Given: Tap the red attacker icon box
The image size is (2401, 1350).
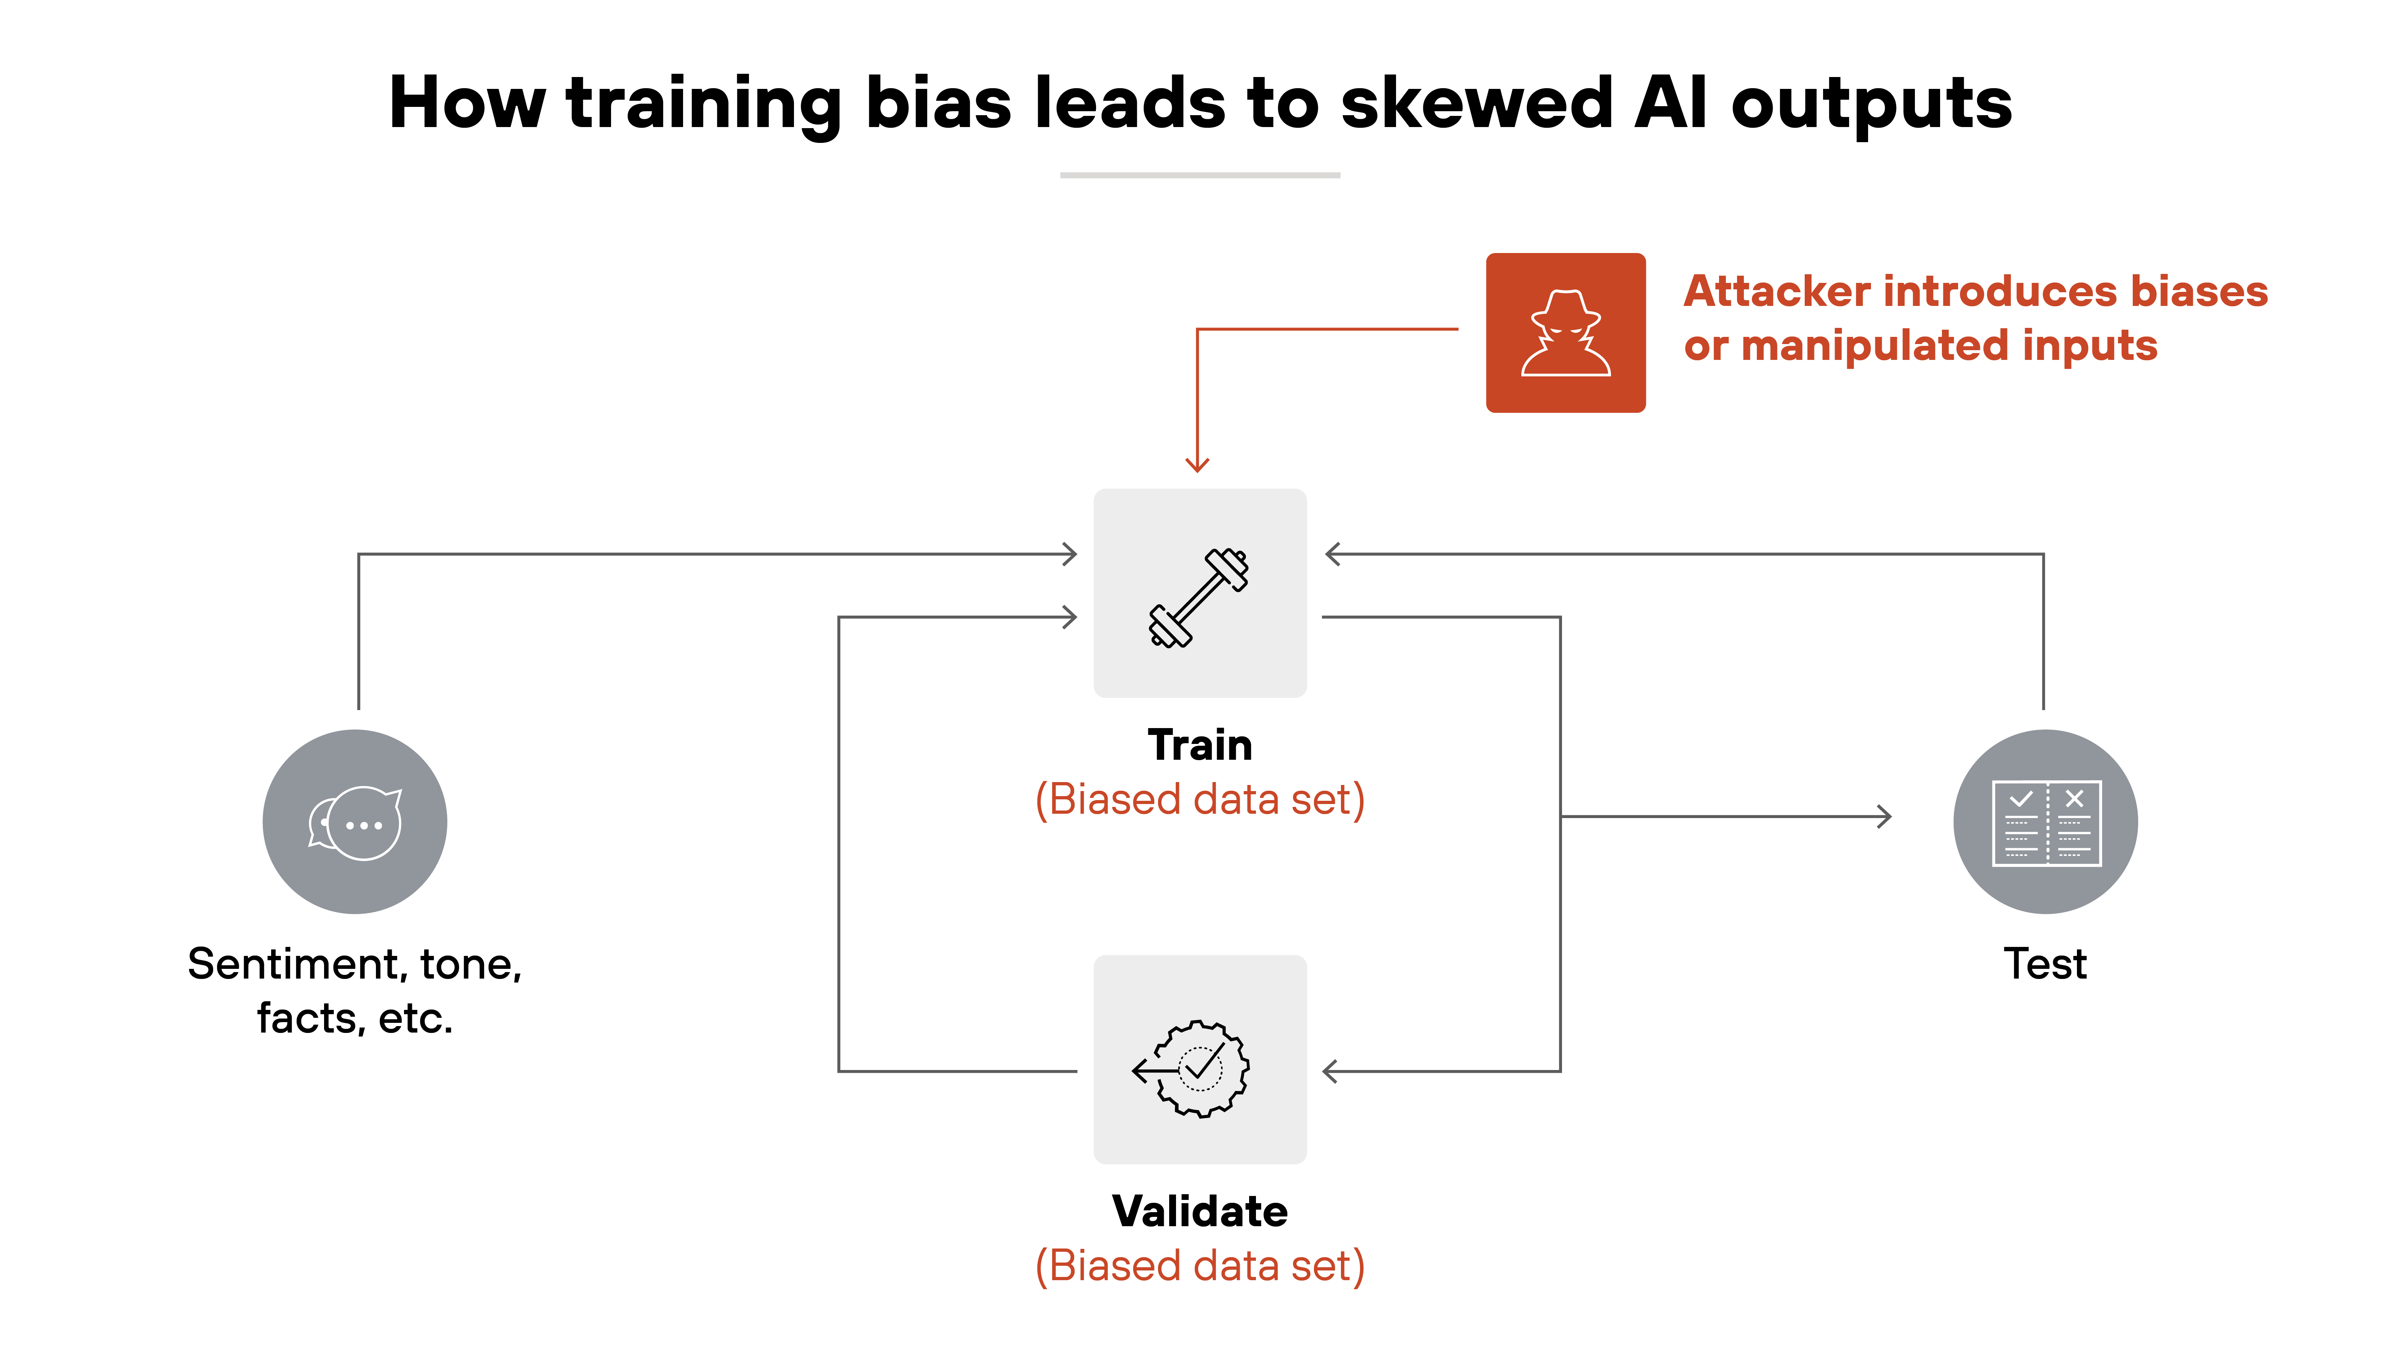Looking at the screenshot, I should (1565, 333).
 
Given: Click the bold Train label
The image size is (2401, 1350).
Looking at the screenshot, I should (1199, 745).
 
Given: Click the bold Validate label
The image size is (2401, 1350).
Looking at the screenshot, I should (1199, 1211).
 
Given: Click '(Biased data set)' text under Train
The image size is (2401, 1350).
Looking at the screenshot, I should (1199, 799).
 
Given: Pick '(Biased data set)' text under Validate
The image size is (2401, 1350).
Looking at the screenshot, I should (1199, 1266).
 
